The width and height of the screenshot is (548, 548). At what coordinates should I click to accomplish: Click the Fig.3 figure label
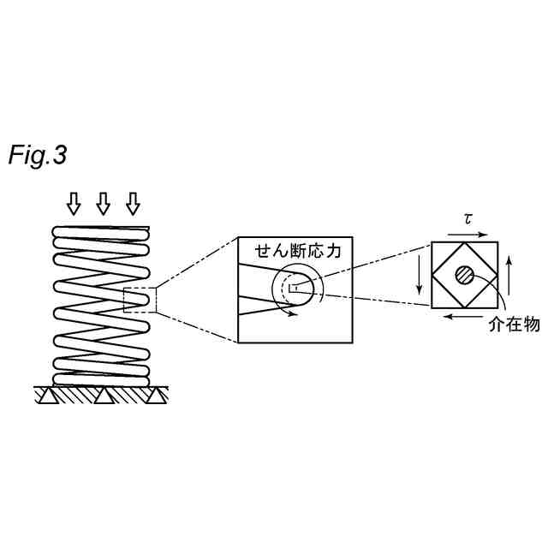point(38,156)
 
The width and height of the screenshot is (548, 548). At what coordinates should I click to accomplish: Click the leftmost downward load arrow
point(74,203)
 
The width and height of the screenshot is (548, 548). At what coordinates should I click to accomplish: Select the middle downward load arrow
point(104,203)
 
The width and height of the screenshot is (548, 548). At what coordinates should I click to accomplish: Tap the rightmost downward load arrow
point(133,203)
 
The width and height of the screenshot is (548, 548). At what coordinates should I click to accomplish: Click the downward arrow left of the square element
point(420,274)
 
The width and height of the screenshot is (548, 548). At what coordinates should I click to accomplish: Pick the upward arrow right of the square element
point(511,274)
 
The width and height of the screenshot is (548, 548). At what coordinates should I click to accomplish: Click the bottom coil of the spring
point(103,378)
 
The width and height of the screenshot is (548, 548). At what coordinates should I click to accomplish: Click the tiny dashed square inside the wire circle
point(294,287)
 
